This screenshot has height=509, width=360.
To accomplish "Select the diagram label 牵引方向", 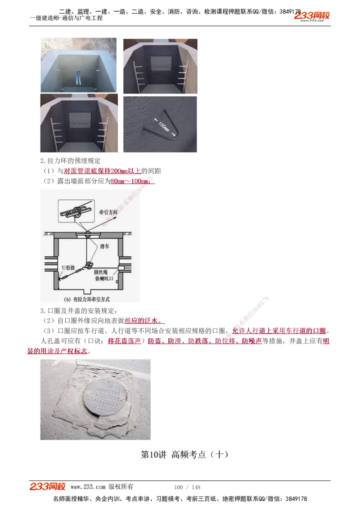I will pyautogui.click(x=108, y=211).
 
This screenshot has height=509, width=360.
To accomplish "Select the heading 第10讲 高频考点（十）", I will pyautogui.click(x=185, y=455).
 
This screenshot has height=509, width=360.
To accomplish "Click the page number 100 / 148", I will pyautogui.click(x=187, y=487).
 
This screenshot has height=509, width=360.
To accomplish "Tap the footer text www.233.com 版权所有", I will pyautogui.click(x=102, y=487).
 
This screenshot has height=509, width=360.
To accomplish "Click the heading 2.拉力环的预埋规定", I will pyautogui.click(x=70, y=161).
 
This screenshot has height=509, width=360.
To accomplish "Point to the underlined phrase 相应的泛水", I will pyautogui.click(x=144, y=321).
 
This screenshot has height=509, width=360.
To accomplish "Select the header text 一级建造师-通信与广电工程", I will pyautogui.click(x=67, y=18).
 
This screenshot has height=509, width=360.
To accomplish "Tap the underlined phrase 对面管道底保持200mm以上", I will pyautogui.click(x=103, y=171).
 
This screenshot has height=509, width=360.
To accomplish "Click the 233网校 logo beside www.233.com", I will pyautogui.click(x=48, y=487).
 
